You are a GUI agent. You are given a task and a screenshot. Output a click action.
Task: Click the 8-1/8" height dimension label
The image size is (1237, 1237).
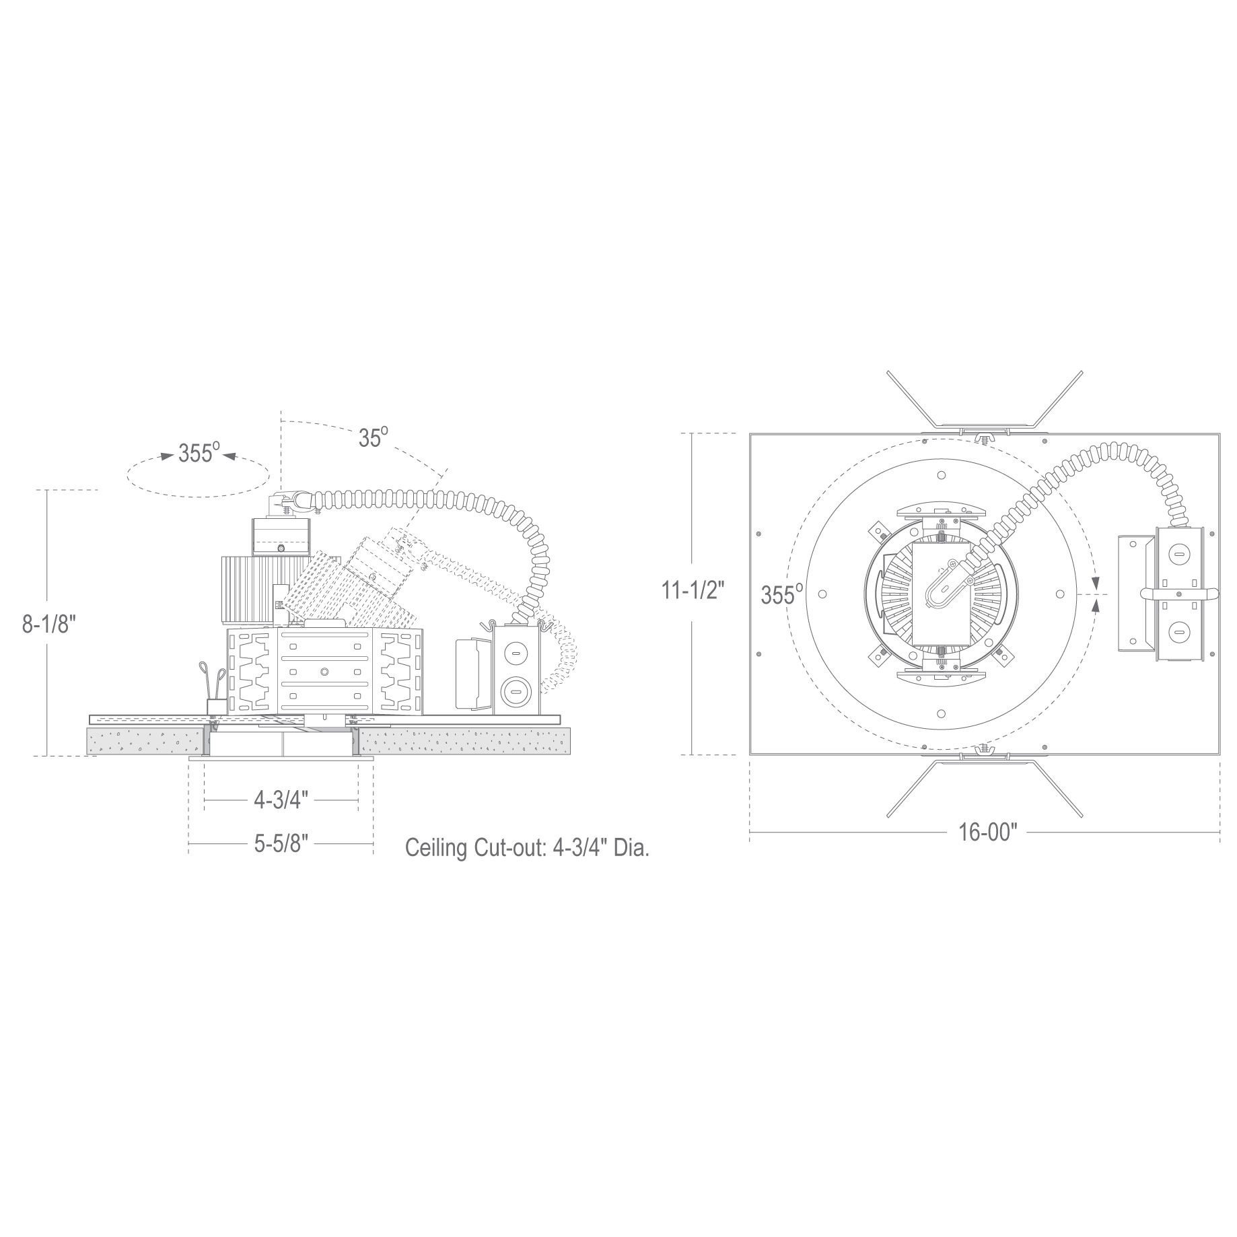[46, 624]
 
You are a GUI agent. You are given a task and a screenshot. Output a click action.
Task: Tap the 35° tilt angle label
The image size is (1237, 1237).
[374, 437]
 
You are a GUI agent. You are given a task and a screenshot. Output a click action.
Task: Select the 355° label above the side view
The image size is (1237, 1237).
[199, 453]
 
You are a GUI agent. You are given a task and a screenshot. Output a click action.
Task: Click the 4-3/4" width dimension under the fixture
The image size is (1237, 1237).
[281, 800]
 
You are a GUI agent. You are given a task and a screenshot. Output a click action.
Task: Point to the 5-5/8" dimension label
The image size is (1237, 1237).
[281, 844]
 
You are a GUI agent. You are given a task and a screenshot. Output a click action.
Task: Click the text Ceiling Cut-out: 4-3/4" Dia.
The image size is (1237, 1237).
[527, 848]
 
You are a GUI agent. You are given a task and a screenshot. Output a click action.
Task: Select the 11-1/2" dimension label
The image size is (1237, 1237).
[693, 590]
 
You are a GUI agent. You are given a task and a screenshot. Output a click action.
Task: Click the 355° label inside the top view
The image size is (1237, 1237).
[782, 595]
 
